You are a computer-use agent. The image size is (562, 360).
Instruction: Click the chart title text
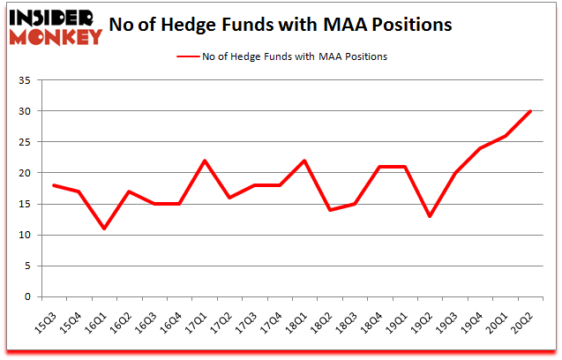(x=281, y=24)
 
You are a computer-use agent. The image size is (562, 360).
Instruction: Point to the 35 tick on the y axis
(x=24, y=81)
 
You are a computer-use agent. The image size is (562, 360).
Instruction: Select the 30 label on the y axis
(x=24, y=112)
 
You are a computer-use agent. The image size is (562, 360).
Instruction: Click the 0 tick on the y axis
(x=27, y=297)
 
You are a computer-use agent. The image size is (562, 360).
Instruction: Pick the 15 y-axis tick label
(x=24, y=205)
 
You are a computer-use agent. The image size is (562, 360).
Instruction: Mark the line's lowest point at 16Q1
(x=105, y=229)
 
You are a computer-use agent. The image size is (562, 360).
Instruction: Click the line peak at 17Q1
(x=206, y=161)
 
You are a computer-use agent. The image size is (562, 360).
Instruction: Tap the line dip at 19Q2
(x=431, y=216)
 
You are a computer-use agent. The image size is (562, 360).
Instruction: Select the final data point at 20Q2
(x=532, y=111)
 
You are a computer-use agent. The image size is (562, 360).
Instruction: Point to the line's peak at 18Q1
(x=306, y=161)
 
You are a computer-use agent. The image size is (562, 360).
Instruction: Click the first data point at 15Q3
(x=55, y=185)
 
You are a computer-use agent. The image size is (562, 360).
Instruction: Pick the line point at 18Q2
(x=331, y=210)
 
